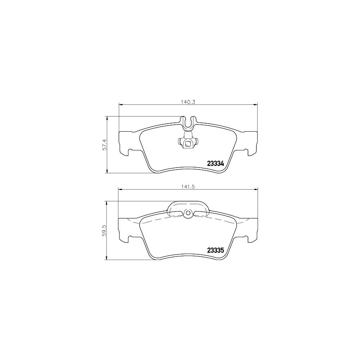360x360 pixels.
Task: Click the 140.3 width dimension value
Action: point(188,102)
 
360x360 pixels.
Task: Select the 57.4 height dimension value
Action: point(105,145)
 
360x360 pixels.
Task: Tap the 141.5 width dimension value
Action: point(188,187)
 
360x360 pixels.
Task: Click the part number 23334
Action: point(215,164)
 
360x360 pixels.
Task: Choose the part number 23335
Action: point(215,250)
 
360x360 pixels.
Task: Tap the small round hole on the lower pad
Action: point(188,213)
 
